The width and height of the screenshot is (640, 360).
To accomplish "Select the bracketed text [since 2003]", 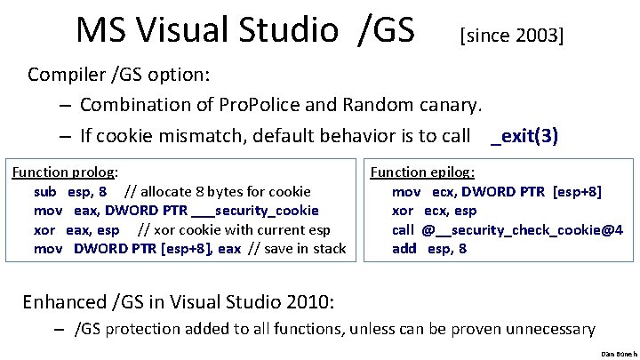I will point(511,36).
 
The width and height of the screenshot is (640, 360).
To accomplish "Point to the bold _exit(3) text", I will point(524,136).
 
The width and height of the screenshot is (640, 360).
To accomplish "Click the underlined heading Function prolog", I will point(64,172).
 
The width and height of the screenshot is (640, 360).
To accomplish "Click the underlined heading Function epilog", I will point(422,172).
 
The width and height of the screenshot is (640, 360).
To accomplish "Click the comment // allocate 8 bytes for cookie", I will point(218,191).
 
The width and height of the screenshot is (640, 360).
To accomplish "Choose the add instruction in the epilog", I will point(404,249).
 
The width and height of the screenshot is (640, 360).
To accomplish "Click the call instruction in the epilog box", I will point(404,229).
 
